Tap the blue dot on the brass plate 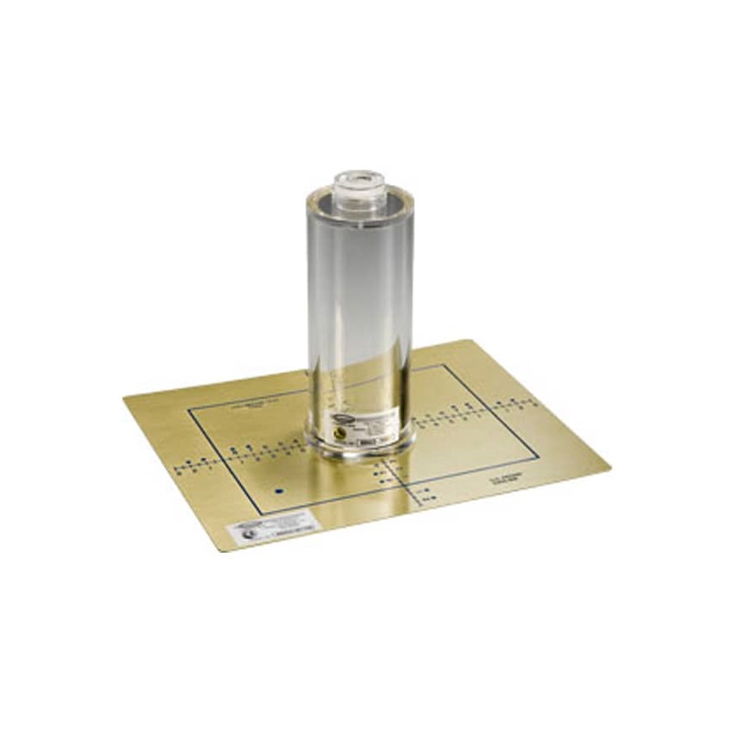click(278, 491)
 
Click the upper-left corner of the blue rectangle click(189, 409)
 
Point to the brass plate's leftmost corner click(124, 397)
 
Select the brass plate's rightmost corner click(610, 466)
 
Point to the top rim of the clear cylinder click(359, 195)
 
